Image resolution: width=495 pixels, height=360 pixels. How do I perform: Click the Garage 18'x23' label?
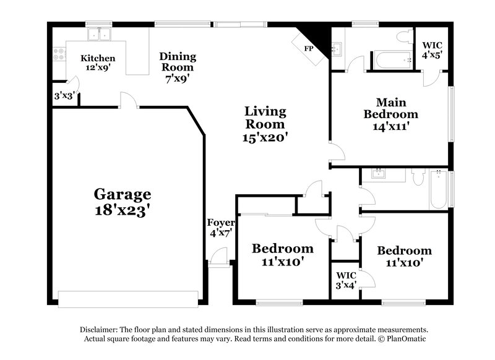pyautogui.click(x=122, y=202)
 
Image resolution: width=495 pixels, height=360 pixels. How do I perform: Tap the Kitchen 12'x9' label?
pyautogui.click(x=98, y=63)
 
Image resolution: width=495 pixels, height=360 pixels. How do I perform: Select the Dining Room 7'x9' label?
pyautogui.click(x=178, y=67)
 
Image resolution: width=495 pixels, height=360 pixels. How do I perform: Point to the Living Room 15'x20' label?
pyautogui.click(x=265, y=124)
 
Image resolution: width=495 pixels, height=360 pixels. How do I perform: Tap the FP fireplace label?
pyautogui.click(x=308, y=48)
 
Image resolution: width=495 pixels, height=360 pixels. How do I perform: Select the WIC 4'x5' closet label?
pyautogui.click(x=432, y=50)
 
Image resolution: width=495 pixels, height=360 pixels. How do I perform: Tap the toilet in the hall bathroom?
pyautogui.click(x=417, y=178)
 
